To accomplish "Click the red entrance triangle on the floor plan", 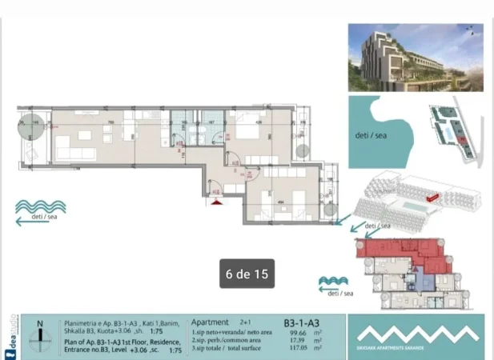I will pos(216,201).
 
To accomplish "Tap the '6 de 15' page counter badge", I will pos(247,274).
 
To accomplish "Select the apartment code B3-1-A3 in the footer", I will pos(302,323).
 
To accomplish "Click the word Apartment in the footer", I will pos(210,322).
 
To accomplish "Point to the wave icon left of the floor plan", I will pos(40,206).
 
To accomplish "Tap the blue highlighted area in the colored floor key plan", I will pos(411,280).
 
